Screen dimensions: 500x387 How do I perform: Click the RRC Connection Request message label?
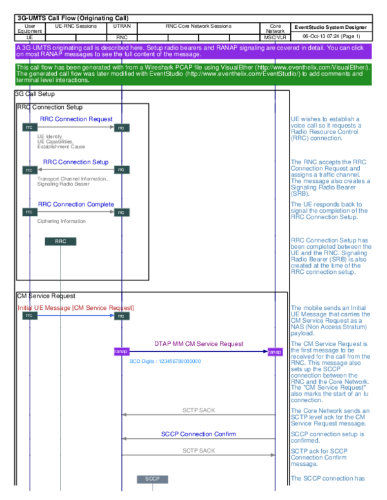point(76,119)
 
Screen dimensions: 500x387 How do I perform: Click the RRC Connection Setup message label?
point(76,162)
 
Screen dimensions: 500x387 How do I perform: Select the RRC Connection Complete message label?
point(76,204)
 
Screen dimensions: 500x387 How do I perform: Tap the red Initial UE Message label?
point(76,308)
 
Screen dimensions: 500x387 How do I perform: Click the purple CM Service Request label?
point(199,343)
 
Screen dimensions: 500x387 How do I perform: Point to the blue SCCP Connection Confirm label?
point(198,434)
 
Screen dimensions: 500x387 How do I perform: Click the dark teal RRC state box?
point(61,242)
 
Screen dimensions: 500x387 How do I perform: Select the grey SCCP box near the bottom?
point(152,479)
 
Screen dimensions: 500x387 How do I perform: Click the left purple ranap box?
point(122,351)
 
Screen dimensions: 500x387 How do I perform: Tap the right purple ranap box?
point(275,351)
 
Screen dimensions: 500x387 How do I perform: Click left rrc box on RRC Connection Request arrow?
point(29,128)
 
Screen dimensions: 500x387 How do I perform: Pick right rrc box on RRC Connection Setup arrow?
point(122,170)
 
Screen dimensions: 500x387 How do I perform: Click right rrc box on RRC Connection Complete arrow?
point(122,212)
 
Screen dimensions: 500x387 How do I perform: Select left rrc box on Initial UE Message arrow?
point(29,316)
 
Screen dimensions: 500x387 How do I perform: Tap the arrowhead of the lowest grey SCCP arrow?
point(273,455)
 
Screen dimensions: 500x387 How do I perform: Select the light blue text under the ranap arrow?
point(164,362)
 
